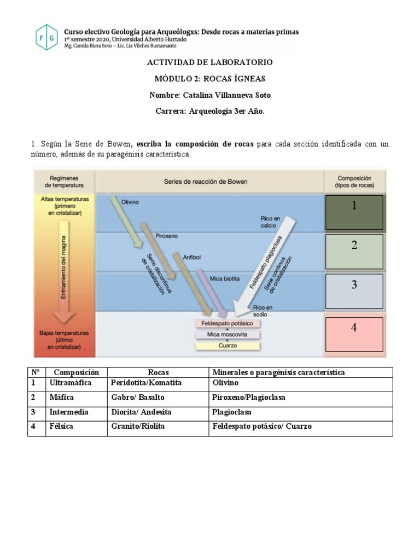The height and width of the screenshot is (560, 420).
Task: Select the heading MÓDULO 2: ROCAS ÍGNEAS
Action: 210,79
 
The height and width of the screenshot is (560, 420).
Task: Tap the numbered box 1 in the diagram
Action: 354,212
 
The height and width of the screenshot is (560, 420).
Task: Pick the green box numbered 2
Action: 354,251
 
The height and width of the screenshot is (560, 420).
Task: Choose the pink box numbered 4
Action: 354,334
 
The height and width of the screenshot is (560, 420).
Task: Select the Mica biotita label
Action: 224,278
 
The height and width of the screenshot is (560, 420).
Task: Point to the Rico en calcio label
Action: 271,222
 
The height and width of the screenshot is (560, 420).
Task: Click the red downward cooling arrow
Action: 65,279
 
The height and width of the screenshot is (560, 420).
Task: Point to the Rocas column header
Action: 159,372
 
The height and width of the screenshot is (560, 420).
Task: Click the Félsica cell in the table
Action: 61,426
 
